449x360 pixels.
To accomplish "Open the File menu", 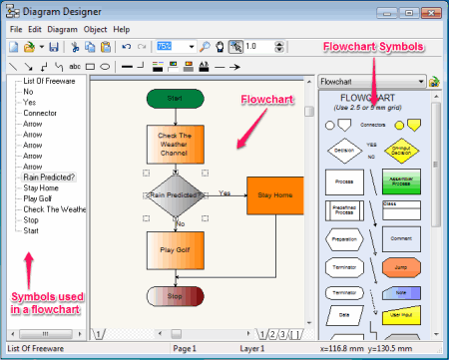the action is pyautogui.click(x=16, y=30).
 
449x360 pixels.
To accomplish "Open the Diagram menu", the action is pyautogui.click(x=62, y=30).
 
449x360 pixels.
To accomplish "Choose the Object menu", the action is pyautogui.click(x=96, y=30).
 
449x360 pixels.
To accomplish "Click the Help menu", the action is pyautogui.click(x=122, y=30).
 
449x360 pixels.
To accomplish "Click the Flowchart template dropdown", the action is pyautogui.click(x=378, y=82).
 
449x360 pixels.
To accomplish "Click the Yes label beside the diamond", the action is pyautogui.click(x=224, y=192).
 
